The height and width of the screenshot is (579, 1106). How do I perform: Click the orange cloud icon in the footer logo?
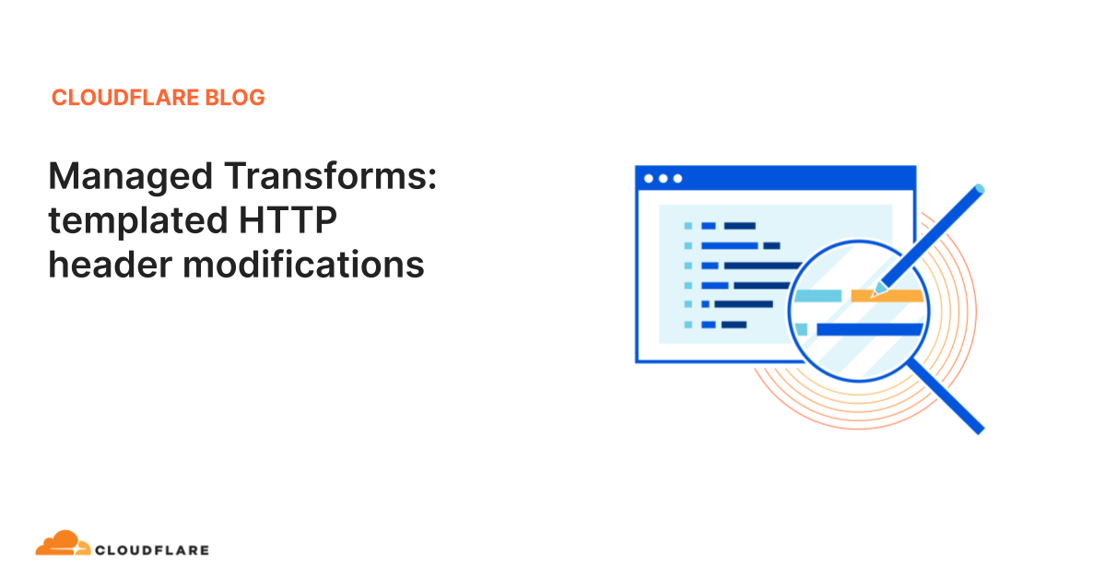(62, 544)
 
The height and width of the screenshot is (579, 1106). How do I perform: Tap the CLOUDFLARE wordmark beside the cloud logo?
(152, 550)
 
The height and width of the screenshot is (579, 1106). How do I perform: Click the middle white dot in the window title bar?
(664, 179)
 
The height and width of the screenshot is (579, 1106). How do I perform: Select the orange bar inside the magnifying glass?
(887, 296)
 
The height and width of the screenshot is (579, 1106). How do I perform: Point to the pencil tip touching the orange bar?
(875, 293)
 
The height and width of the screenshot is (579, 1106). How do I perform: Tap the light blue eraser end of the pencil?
(979, 189)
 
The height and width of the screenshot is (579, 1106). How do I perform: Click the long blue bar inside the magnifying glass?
(868, 329)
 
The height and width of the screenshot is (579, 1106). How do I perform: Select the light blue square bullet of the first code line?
(688, 226)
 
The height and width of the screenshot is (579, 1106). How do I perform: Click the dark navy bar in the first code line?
(739, 226)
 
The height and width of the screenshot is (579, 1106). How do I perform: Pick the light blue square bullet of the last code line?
(688, 325)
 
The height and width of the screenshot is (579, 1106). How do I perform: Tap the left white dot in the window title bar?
(649, 179)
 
